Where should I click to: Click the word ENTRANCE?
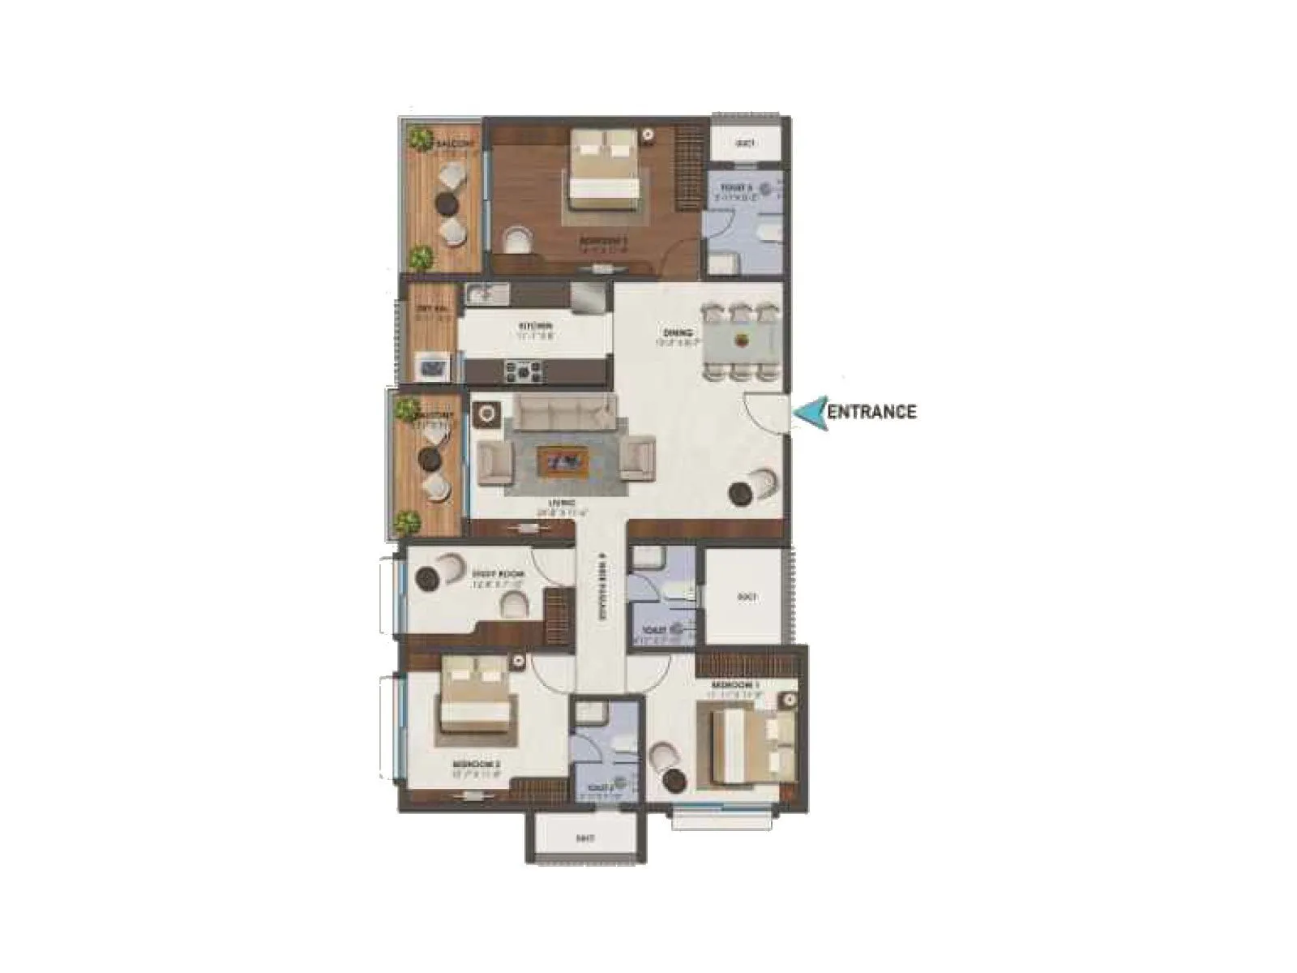click(x=871, y=411)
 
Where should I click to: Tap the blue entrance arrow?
click(x=810, y=413)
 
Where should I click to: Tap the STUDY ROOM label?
click(x=498, y=574)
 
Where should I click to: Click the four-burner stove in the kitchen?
click(x=524, y=372)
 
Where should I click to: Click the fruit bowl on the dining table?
click(x=742, y=340)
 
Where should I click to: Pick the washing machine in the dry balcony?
click(x=430, y=366)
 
